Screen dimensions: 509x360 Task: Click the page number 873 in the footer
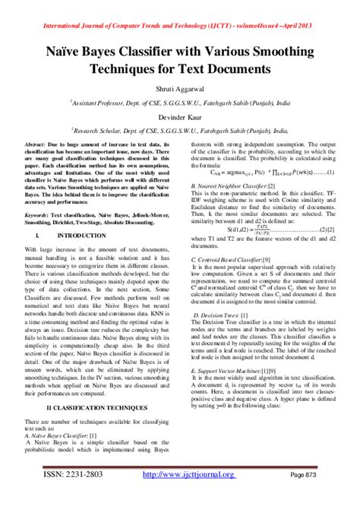coord(324,495)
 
